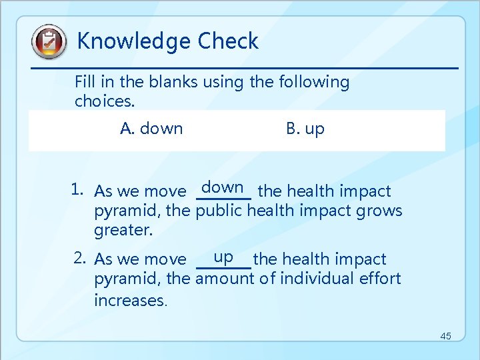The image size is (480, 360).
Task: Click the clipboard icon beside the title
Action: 49,42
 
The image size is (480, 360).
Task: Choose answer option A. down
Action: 151,129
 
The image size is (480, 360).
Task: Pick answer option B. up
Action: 305,129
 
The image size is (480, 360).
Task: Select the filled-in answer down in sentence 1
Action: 224,188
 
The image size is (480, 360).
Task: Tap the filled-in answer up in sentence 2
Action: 223,256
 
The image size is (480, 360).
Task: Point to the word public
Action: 219,211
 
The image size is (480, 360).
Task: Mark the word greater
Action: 123,231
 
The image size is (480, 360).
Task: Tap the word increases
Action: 131,300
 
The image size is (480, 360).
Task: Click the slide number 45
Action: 445,336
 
